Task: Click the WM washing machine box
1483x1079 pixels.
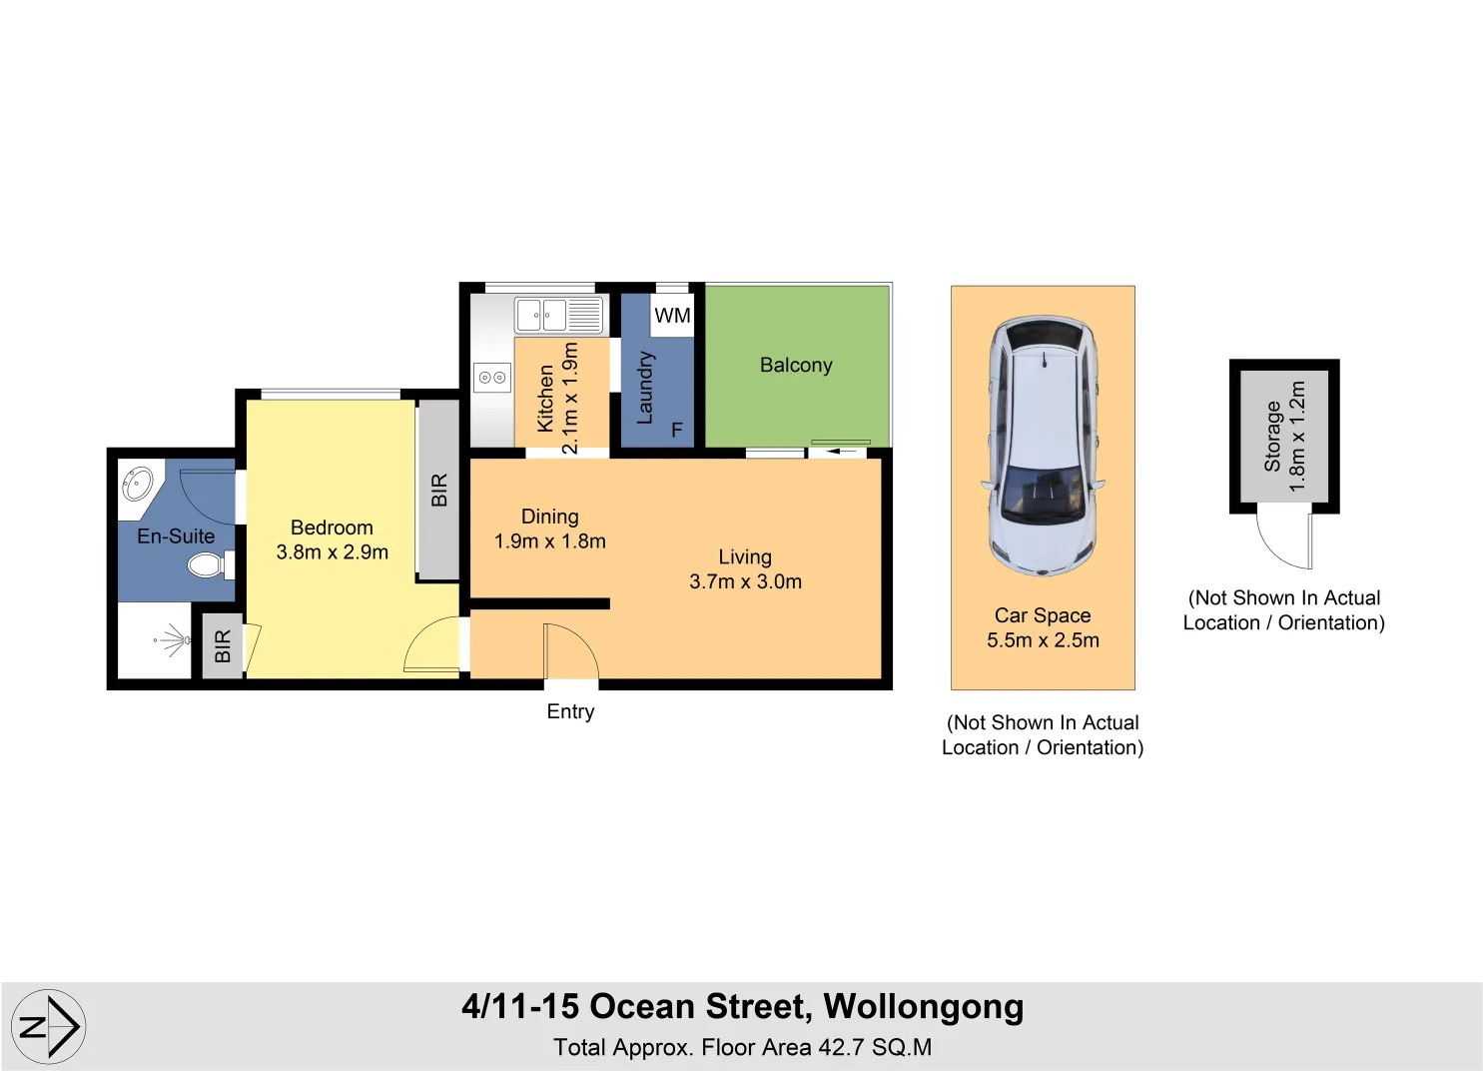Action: point(672,316)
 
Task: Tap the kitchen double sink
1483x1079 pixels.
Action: point(559,315)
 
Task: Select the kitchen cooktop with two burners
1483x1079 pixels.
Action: point(492,378)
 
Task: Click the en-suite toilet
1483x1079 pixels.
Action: point(211,565)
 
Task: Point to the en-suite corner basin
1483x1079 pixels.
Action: point(138,484)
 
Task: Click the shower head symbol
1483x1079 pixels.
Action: point(174,640)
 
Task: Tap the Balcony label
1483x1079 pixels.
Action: point(796,365)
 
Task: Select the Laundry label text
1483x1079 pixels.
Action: point(645,388)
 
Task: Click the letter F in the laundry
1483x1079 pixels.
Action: point(677,430)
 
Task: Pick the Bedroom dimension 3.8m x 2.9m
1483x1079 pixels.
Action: point(333,551)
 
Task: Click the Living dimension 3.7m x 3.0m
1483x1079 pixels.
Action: point(745,580)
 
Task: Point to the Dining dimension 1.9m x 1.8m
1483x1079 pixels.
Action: point(550,541)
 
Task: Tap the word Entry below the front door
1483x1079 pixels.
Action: point(570,711)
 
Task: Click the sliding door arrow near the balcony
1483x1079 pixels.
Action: point(842,451)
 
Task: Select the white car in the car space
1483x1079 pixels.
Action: point(1043,446)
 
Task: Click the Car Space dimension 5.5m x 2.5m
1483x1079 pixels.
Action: point(1043,639)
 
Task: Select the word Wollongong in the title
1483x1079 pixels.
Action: point(924,1007)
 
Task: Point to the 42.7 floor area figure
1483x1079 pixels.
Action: point(841,1047)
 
